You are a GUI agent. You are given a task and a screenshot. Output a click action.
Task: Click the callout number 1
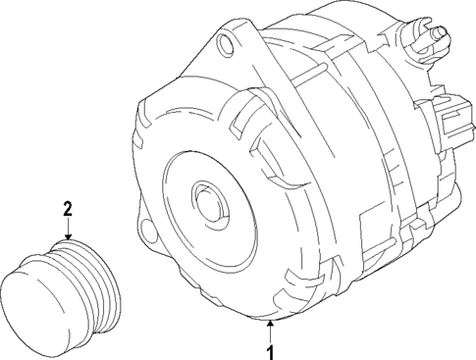(264, 349)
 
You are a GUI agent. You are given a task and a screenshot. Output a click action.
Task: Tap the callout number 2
(68, 208)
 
